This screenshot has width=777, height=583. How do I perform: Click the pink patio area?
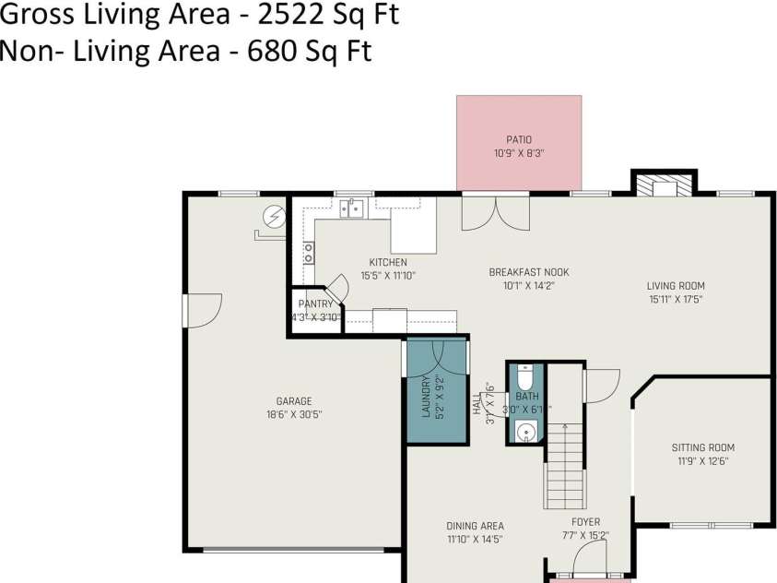tap(519, 143)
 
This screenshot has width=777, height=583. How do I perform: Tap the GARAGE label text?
tap(294, 401)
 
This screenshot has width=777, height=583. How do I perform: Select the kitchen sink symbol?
tap(351, 209)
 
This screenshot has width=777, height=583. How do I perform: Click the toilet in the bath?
tap(524, 378)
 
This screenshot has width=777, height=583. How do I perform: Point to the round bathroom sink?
tap(525, 430)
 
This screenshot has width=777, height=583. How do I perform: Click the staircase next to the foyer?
tap(564, 466)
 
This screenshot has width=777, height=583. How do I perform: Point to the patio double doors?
tap(496, 213)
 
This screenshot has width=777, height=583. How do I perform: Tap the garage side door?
tap(201, 311)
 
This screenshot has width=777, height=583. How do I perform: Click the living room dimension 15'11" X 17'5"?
tap(676, 299)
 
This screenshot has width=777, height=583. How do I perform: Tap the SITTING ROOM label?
tap(702, 448)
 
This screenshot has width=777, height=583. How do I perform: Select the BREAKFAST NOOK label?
tap(528, 272)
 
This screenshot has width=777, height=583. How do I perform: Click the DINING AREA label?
tap(475, 526)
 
